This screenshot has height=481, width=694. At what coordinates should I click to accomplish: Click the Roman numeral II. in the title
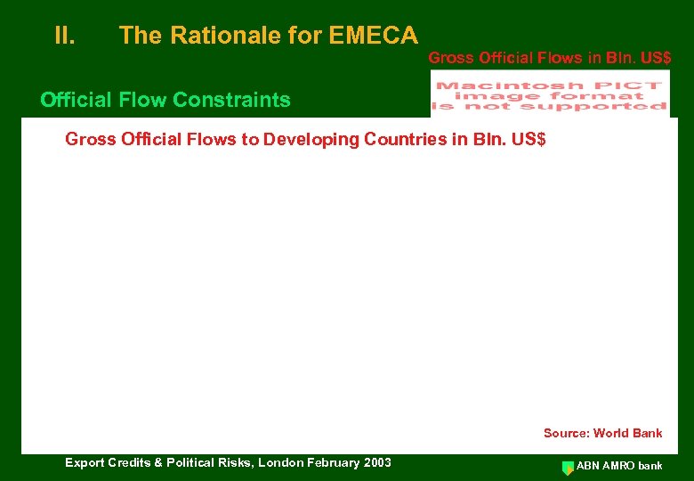(x=64, y=36)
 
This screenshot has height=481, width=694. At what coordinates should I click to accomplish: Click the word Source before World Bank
(x=566, y=433)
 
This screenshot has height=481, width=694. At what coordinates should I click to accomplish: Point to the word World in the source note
(x=611, y=433)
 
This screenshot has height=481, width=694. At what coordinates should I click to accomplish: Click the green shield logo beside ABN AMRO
(x=569, y=467)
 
